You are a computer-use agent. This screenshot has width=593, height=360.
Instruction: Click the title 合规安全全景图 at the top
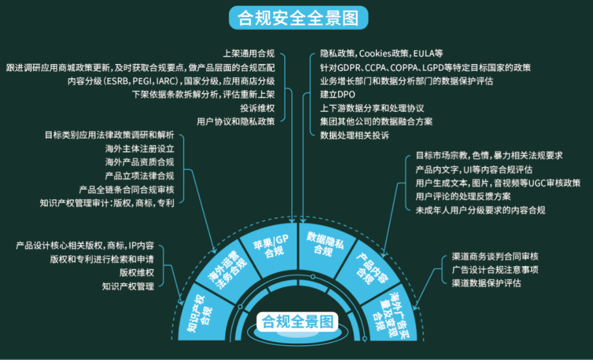click(x=298, y=19)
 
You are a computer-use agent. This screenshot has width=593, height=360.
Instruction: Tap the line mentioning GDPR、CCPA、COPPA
click(x=425, y=67)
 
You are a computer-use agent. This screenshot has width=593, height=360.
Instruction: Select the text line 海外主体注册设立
click(x=139, y=148)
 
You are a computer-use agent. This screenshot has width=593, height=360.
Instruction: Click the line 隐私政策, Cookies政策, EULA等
click(x=381, y=54)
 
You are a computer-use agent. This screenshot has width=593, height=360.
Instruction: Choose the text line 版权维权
click(x=137, y=272)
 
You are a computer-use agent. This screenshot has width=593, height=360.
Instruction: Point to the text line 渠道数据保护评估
click(x=486, y=283)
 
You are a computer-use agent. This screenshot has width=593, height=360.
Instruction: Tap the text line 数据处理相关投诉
click(x=354, y=135)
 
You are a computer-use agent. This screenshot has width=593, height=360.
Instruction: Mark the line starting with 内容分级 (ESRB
click(x=171, y=81)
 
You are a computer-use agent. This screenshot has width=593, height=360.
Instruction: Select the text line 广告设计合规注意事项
click(x=495, y=269)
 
